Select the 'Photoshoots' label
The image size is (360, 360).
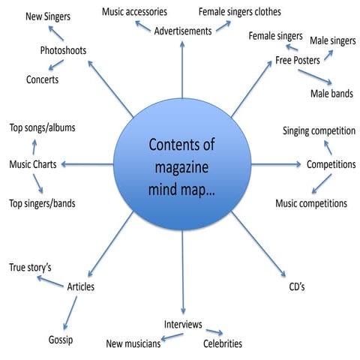(63, 51)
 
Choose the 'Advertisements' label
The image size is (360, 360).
(183, 31)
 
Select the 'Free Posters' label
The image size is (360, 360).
(295, 59)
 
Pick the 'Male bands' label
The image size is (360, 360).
(331, 94)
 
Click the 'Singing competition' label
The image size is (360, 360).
(319, 131)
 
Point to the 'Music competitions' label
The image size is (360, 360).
(310, 203)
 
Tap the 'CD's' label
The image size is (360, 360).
(297, 286)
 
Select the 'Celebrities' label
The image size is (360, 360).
(223, 343)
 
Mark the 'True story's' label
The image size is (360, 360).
(28, 268)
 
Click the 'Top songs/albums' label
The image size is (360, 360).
(42, 127)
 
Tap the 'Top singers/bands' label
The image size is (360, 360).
(42, 203)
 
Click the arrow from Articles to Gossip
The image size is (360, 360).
(70, 313)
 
